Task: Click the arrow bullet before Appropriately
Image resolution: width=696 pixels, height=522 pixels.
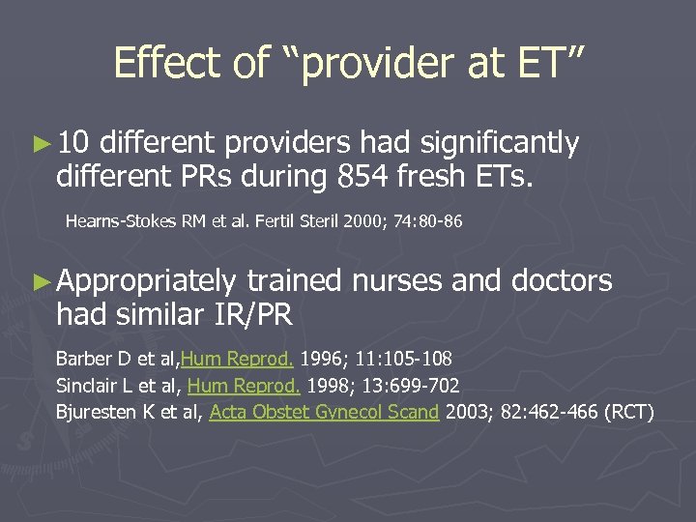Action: [x=39, y=281]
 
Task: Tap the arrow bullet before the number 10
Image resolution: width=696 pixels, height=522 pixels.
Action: [x=39, y=144]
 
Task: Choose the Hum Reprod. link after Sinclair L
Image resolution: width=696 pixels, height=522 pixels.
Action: [x=241, y=386]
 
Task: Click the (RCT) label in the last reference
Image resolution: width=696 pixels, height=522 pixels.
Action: [x=628, y=413]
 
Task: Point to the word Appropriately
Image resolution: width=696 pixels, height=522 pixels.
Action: [x=146, y=281]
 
